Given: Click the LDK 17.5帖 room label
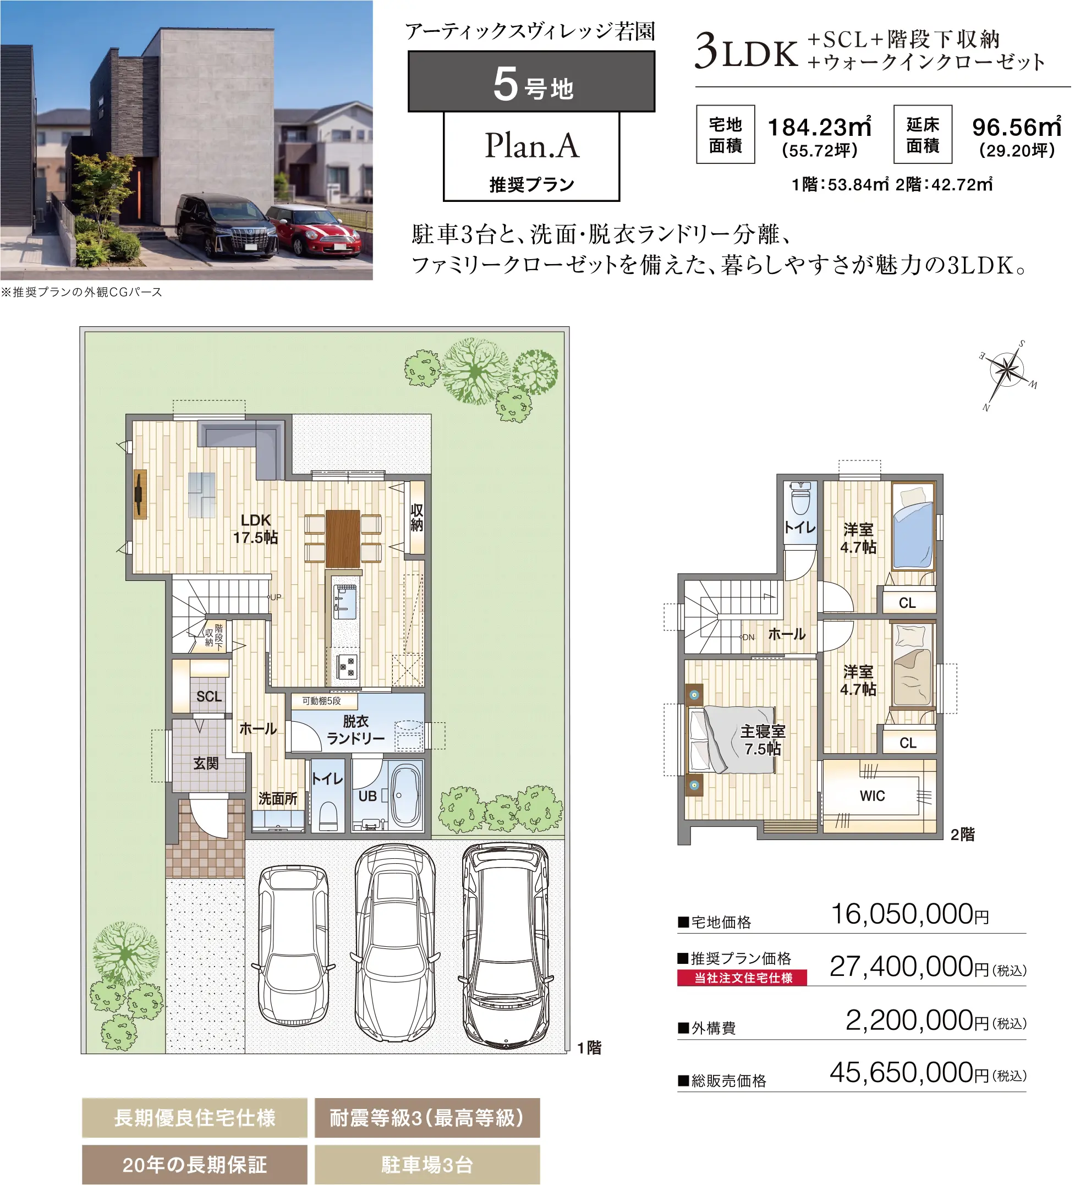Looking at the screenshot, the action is [256, 529].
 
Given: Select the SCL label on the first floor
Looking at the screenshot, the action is [209, 696].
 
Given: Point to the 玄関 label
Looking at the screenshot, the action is [206, 764].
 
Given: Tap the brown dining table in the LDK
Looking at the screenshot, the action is [343, 539].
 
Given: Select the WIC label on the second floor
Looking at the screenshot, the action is [872, 796].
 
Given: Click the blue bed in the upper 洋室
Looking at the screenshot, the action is [913, 526].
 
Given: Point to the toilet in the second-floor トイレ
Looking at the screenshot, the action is [800, 497].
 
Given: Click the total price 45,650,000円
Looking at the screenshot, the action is [910, 1073].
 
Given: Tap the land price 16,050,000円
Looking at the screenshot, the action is [910, 915].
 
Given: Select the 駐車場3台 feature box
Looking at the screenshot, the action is [427, 1165].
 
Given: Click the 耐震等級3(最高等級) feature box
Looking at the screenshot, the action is [427, 1117].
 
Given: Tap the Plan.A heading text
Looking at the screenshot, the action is [532, 145].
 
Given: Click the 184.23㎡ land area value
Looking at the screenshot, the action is [820, 127].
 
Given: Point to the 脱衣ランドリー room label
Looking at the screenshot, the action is [355, 729].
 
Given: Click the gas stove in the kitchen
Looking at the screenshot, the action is [347, 667].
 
